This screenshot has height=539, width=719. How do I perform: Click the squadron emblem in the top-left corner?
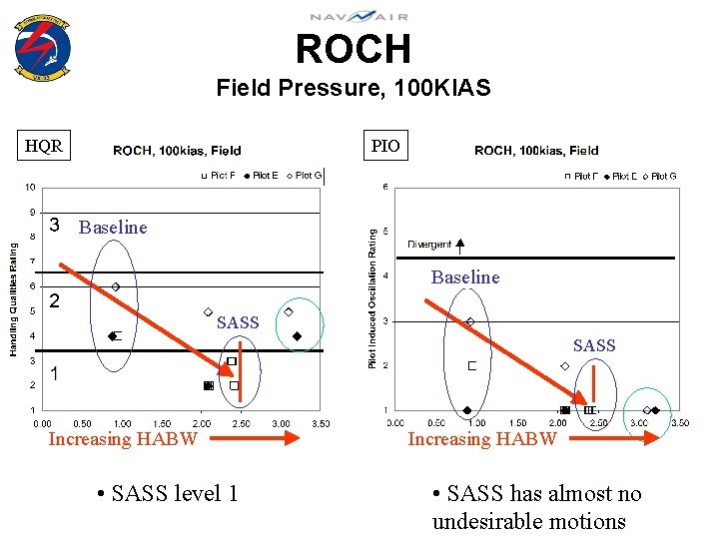(x=42, y=45)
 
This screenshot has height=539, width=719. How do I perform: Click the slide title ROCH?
(x=353, y=48)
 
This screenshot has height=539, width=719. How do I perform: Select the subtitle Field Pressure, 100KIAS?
(x=353, y=88)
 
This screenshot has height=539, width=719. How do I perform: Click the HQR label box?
(x=44, y=147)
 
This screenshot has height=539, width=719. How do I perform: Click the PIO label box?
(x=385, y=147)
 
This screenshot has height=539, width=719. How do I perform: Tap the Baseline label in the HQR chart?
(x=113, y=228)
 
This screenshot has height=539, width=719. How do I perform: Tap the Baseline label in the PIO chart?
(x=465, y=277)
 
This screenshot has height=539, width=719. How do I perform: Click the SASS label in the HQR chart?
(x=238, y=322)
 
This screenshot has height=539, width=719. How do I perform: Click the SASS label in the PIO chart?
(x=594, y=345)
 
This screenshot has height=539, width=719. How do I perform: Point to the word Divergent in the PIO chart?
(x=429, y=245)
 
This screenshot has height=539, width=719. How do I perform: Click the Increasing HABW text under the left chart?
(x=123, y=439)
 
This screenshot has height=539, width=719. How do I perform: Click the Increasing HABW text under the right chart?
(x=482, y=439)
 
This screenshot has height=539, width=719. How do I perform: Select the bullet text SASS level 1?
(x=167, y=493)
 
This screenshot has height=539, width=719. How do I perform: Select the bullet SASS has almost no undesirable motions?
(x=536, y=507)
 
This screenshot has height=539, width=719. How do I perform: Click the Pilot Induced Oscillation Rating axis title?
(x=372, y=297)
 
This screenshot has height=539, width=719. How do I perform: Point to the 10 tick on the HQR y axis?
(x=31, y=187)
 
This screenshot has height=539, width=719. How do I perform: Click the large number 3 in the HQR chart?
(x=58, y=225)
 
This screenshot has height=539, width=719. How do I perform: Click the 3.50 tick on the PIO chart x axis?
(x=679, y=423)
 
